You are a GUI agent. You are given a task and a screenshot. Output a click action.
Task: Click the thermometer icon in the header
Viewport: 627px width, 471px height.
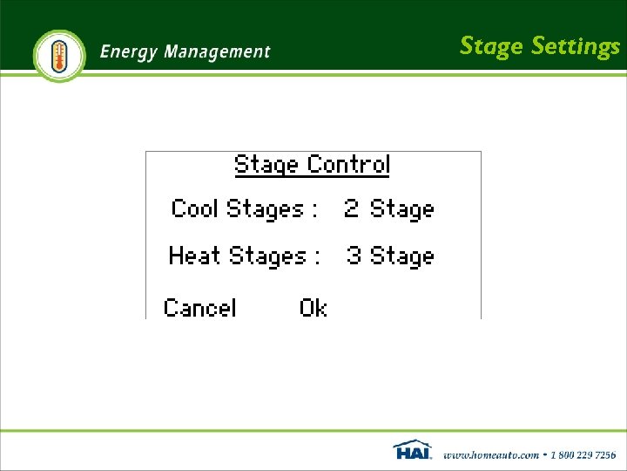(59, 55)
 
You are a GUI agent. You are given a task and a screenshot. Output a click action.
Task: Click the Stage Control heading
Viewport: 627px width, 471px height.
(312, 165)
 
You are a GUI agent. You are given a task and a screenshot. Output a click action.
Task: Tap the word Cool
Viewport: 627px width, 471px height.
(194, 209)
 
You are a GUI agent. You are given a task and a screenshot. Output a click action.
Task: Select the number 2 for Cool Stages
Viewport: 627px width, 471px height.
(351, 209)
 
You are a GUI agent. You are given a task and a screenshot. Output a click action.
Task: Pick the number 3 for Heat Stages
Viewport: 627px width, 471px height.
(354, 256)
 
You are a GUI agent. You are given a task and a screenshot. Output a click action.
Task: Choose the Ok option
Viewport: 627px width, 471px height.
(313, 307)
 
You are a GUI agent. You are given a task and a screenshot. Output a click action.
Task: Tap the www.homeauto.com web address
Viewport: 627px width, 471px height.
(491, 454)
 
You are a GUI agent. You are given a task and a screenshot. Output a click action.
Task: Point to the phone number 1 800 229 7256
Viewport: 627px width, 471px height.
(582, 454)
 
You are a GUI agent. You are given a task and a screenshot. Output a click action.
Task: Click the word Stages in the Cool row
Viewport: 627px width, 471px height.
(265, 209)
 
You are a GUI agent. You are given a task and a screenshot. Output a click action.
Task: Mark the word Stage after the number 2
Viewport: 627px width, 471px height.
(401, 209)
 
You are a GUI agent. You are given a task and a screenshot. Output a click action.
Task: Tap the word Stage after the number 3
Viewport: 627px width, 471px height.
(401, 256)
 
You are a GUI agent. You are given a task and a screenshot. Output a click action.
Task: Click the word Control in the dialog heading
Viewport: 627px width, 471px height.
(348, 165)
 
